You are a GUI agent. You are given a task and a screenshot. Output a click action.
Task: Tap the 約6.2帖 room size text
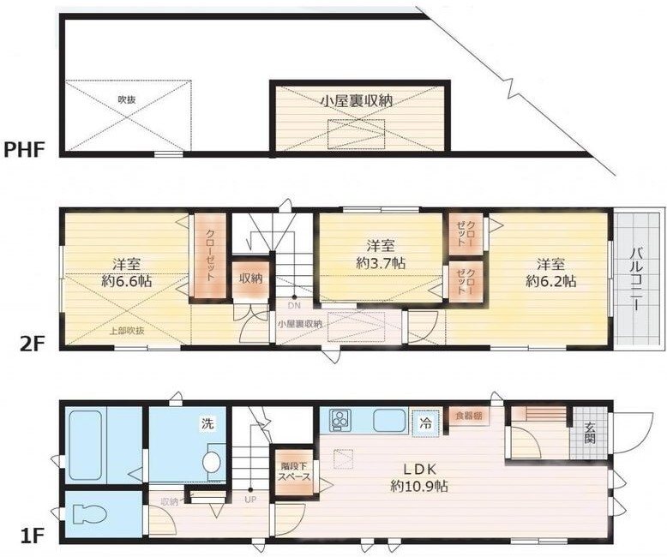pos(551,279)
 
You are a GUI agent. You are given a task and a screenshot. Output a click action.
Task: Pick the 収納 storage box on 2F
pos(250,278)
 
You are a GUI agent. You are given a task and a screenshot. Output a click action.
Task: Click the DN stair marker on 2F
pos(294,305)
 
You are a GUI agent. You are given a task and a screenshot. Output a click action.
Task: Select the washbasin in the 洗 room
pos(211,460)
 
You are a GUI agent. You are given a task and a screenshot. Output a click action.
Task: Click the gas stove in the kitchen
pos(340,420)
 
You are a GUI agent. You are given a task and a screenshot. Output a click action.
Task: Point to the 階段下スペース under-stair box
pos(292,473)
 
